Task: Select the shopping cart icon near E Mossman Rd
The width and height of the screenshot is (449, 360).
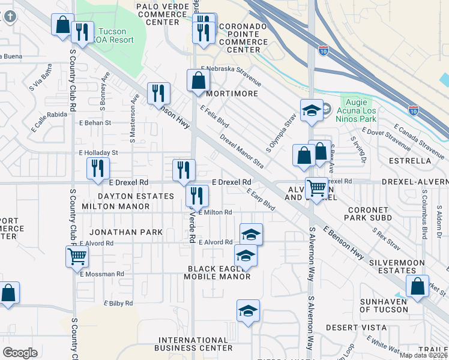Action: [77, 256]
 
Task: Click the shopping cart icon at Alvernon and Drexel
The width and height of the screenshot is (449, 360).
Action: [316, 188]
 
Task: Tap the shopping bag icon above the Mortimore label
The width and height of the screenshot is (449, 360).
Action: [198, 80]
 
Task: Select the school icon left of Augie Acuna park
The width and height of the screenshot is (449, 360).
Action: [312, 110]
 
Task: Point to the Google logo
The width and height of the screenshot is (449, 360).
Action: [20, 352]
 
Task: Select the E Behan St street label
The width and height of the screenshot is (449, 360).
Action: [95, 122]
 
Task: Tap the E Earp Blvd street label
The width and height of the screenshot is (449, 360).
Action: [261, 199]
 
